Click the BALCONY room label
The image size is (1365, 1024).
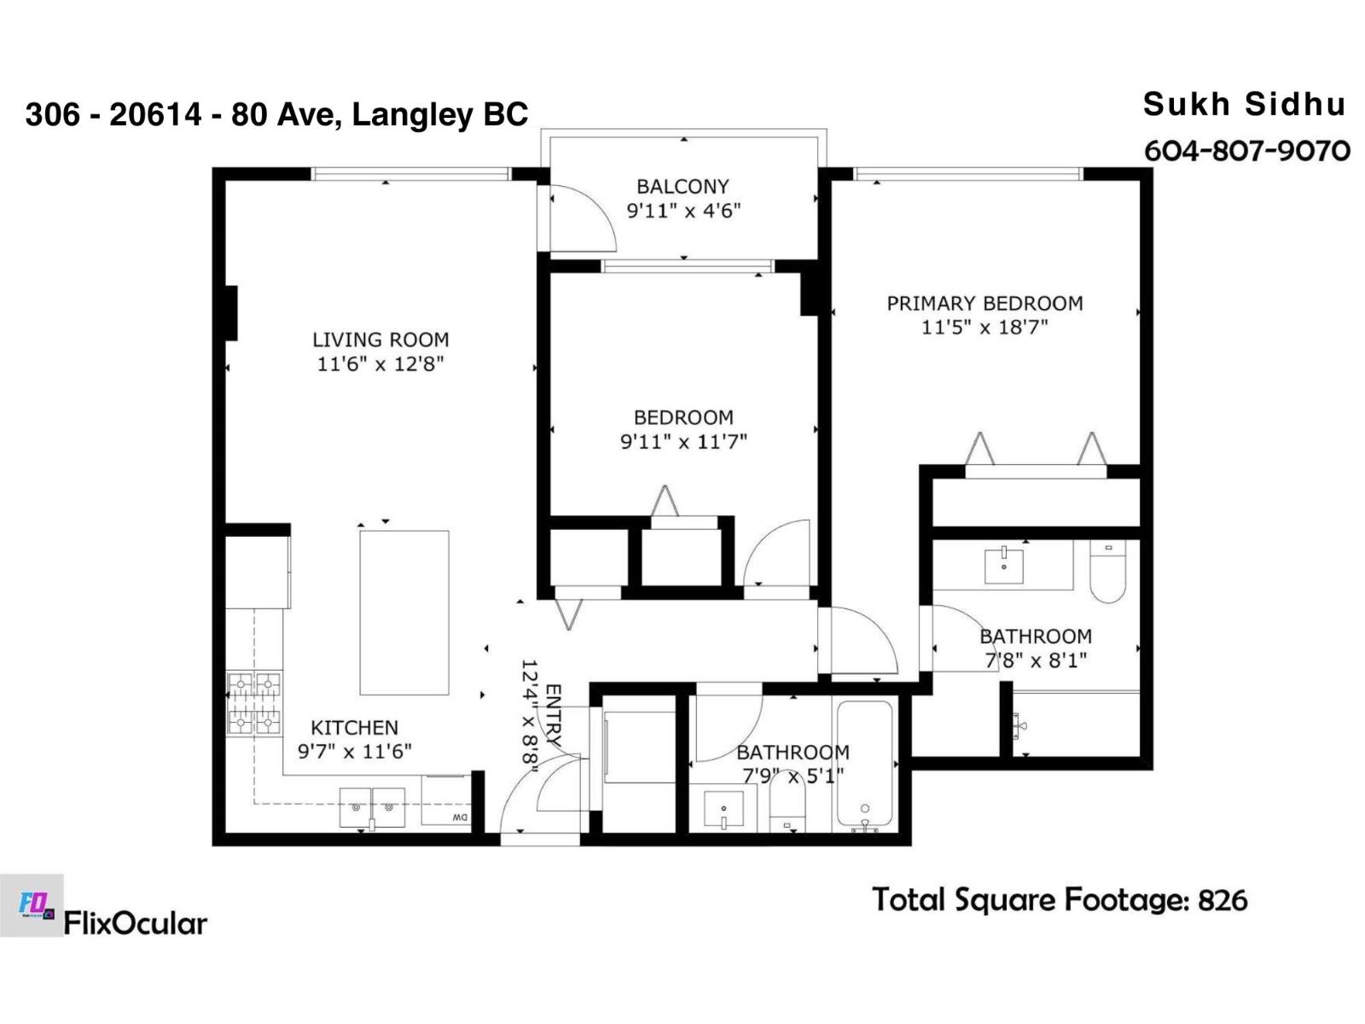tap(682, 187)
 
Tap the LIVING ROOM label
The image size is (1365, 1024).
tap(380, 340)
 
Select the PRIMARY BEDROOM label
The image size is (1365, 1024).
tap(985, 304)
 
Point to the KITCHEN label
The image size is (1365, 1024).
tap(354, 727)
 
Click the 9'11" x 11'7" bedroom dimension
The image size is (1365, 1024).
tap(683, 441)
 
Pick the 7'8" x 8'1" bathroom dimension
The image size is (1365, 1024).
tap(1036, 660)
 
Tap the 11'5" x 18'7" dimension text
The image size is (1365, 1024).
tap(985, 327)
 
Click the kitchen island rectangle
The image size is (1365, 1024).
tap(404, 613)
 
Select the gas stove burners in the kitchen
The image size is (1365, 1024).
tap(254, 705)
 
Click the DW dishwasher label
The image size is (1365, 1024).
tap(460, 817)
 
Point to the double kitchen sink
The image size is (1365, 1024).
tap(372, 807)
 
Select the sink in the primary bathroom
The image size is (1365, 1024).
tap(1003, 565)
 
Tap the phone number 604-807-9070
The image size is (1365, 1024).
tap(1247, 151)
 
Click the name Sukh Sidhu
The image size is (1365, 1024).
tap(1245, 104)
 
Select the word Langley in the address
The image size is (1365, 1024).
tap(410, 116)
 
